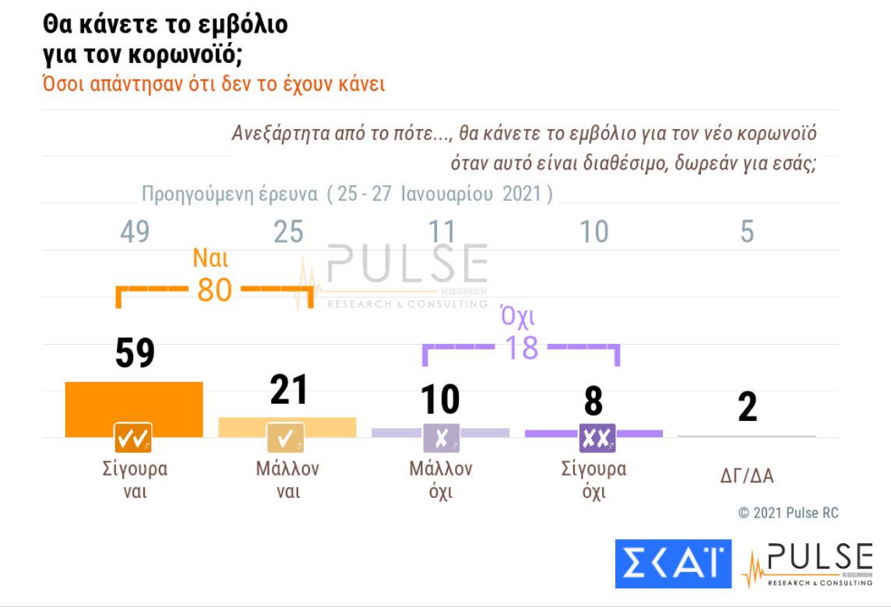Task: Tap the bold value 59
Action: click(135, 354)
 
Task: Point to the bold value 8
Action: click(594, 401)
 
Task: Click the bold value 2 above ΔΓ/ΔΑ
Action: click(747, 407)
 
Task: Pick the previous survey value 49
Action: click(135, 232)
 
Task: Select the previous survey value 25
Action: click(288, 232)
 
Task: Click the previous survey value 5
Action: click(747, 232)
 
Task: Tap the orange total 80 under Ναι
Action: click(215, 290)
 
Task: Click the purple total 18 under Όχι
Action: click(521, 348)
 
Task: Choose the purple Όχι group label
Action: click(520, 318)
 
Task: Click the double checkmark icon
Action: click(133, 439)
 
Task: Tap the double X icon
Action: click(597, 439)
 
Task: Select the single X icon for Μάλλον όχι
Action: click(441, 439)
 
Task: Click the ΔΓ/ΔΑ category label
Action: click(747, 475)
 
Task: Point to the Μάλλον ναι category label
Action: click(287, 480)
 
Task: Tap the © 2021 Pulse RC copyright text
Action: click(788, 513)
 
